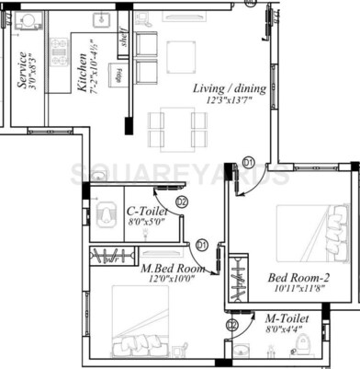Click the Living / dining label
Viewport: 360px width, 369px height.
tap(230, 87)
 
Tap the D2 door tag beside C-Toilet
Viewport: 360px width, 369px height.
tap(181, 202)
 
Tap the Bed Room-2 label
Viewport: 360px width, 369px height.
tap(293, 277)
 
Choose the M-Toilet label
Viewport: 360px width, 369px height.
tap(284, 317)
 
